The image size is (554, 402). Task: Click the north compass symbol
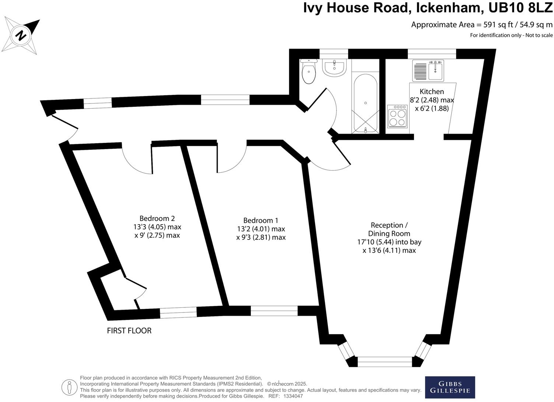coord(21,36)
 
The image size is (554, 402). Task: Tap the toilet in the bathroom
coord(308,72)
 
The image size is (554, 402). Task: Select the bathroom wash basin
coord(334,68)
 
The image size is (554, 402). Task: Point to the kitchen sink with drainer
coord(428,70)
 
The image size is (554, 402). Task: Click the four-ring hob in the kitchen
coord(397,117)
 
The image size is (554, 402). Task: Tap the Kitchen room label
coord(432,92)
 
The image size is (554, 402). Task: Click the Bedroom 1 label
coord(261,221)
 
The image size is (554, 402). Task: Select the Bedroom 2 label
coord(157,218)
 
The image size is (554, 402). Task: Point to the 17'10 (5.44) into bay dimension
coord(389,242)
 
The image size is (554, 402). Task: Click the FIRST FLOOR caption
coord(129,331)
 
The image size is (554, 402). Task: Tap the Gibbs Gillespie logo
coord(450,387)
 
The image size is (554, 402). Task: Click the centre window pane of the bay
coord(385,362)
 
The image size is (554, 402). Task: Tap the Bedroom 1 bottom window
coord(274,311)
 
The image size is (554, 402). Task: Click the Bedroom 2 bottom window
coord(178,313)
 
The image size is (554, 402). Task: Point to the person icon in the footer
coord(69,387)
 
